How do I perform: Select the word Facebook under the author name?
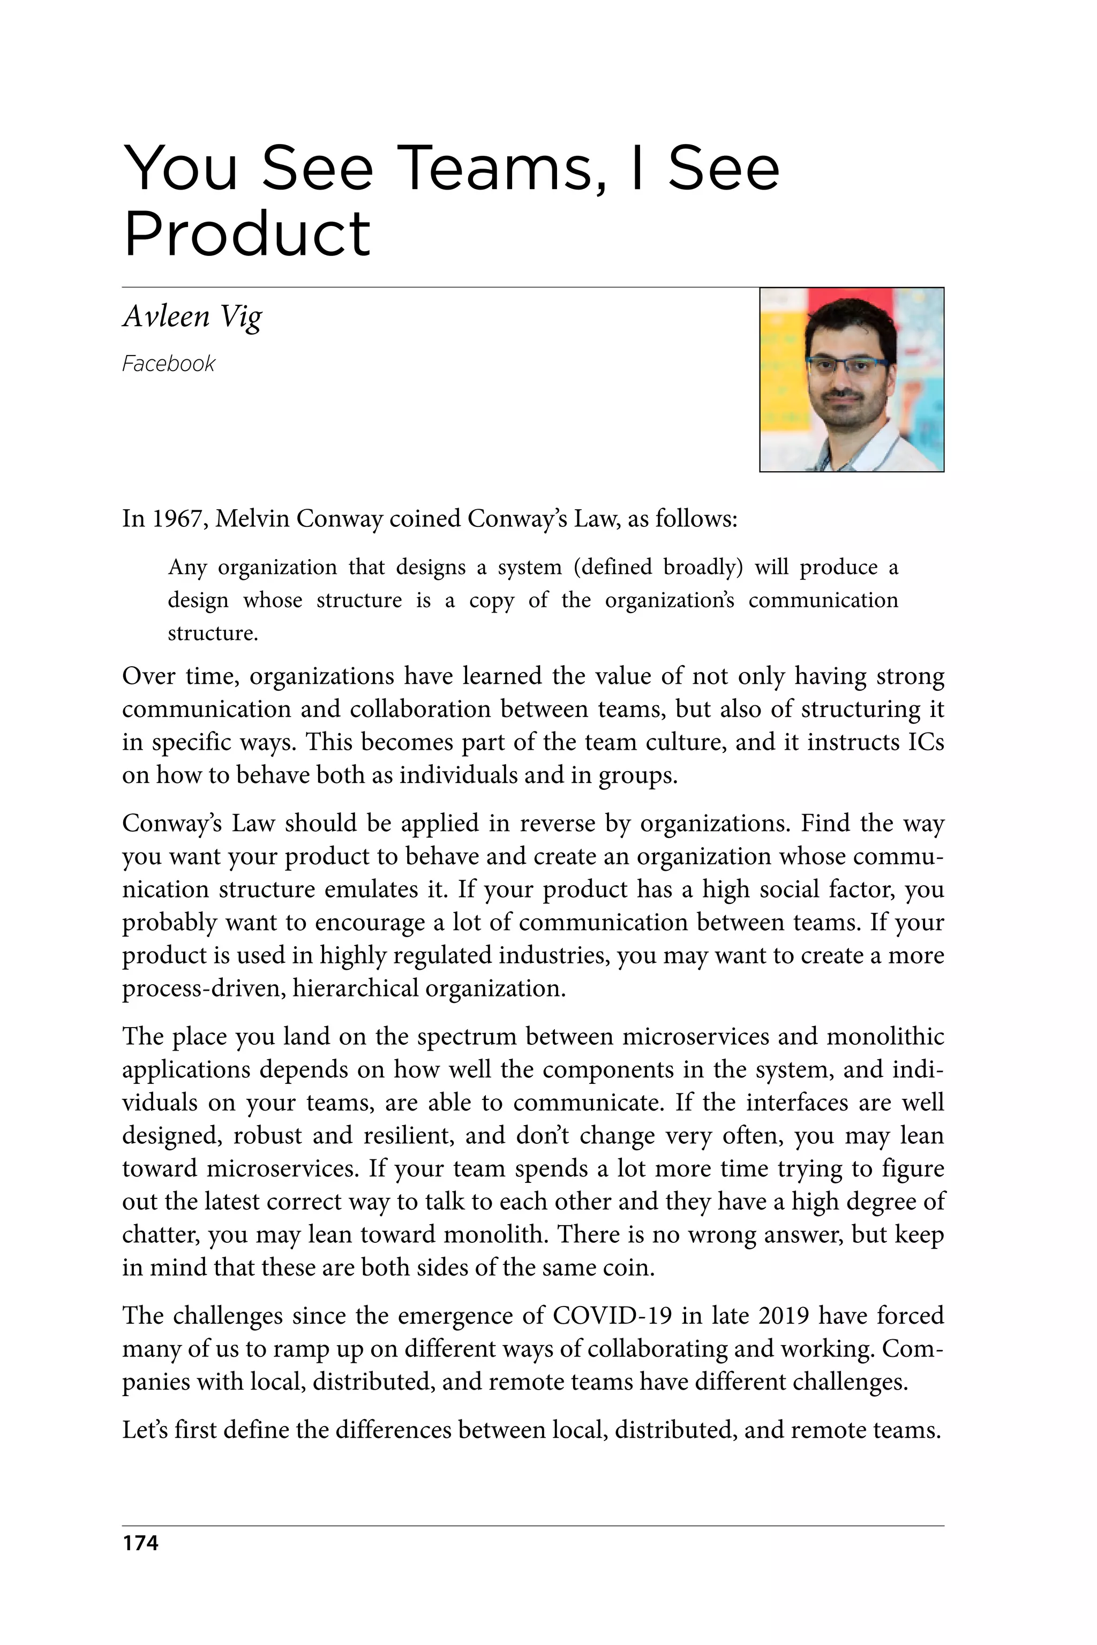pos(169,364)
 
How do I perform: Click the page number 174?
pos(141,1543)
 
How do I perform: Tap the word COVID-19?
pos(612,1316)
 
